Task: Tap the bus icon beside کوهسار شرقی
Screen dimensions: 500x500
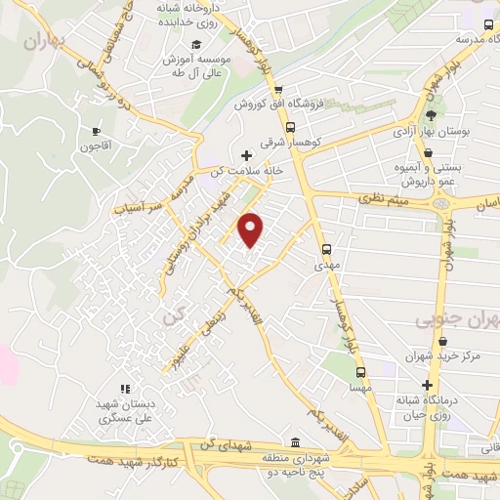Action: coord(290,127)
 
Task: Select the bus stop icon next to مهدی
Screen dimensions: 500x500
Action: coord(325,248)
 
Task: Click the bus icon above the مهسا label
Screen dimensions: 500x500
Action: coord(360,372)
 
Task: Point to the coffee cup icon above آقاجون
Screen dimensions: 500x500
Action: coord(96,131)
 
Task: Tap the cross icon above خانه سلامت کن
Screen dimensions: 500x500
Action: coord(245,154)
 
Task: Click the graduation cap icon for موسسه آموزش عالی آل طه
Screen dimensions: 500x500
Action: coord(195,45)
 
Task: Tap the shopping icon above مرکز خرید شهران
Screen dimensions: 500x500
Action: coord(443,342)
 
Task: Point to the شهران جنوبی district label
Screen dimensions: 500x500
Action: coord(457,320)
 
